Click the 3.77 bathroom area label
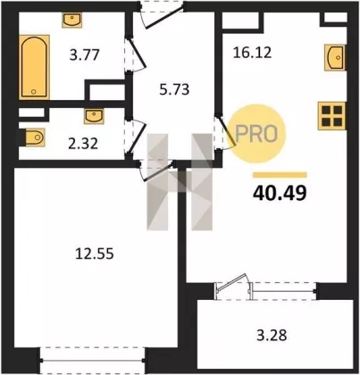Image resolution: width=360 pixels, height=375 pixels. click(x=84, y=55)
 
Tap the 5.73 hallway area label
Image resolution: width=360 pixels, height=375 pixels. click(x=174, y=89)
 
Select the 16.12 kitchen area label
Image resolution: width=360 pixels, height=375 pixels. click(x=252, y=53)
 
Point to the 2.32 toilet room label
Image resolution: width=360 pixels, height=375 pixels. click(x=83, y=144)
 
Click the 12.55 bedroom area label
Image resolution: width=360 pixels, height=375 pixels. click(x=95, y=254)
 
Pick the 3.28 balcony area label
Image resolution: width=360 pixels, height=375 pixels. click(x=272, y=335)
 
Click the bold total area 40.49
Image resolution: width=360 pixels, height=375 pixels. click(x=280, y=193)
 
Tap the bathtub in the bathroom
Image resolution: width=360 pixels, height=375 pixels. click(x=34, y=67)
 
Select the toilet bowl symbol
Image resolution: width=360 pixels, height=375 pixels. click(x=34, y=137)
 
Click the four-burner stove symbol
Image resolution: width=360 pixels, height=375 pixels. click(x=332, y=116)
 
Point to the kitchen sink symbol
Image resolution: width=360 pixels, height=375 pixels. click(x=335, y=57)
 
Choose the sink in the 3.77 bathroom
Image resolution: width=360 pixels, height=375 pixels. click(x=71, y=21)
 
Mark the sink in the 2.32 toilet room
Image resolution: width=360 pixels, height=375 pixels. click(x=94, y=116)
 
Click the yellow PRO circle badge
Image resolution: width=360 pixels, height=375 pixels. click(x=257, y=134)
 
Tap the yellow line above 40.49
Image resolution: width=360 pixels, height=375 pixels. click(x=280, y=175)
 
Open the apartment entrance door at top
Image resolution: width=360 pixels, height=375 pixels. click(x=162, y=15)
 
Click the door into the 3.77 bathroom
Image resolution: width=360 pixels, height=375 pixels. click(x=135, y=54)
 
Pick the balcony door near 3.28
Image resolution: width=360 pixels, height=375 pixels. click(x=234, y=287)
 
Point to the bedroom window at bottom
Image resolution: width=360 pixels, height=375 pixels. click(x=92, y=361)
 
